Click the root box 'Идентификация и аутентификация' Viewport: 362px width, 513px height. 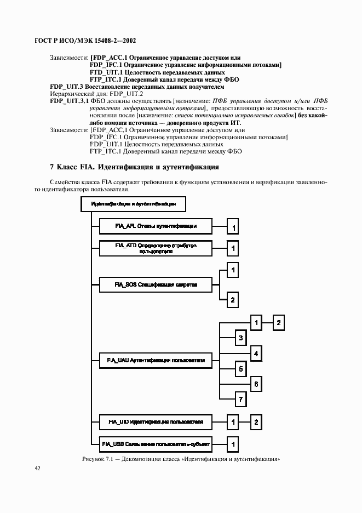[133, 204]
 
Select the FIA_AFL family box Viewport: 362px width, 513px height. [156, 226]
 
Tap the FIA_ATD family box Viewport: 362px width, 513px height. [156, 248]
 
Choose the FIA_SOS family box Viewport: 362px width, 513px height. [156, 285]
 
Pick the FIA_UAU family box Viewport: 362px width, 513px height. [156, 361]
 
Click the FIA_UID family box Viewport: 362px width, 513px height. [156, 422]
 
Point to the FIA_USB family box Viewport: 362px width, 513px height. [156, 443]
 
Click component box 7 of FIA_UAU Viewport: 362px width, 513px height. [239, 400]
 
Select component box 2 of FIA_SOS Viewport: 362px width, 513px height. [233, 300]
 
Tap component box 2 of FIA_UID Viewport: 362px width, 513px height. [256, 422]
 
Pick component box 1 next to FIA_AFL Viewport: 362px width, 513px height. [233, 226]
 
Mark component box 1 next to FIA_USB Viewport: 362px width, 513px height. [233, 443]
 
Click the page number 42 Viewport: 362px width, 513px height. [37, 468]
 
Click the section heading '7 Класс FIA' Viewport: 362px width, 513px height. [134, 166]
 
